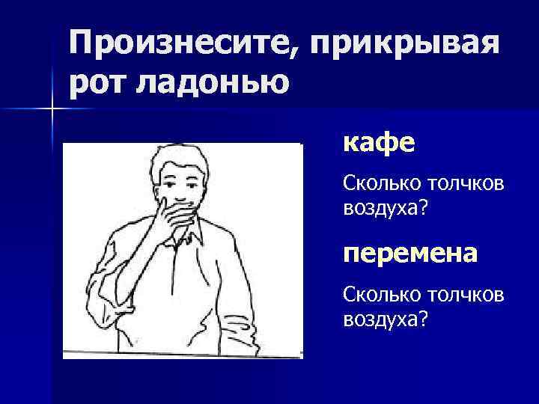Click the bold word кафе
point(378,141)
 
